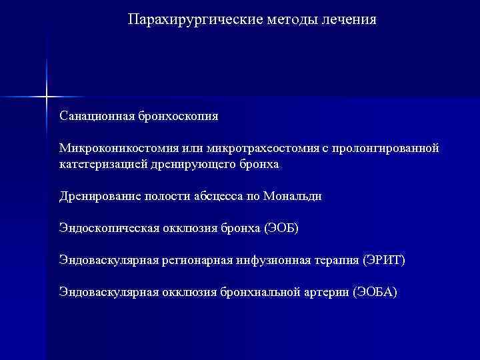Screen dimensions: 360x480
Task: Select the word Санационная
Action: click(96, 116)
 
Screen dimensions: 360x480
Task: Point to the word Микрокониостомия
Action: click(109, 148)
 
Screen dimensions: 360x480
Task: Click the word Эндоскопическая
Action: click(109, 228)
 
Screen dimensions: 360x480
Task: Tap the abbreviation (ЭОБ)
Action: click(282, 228)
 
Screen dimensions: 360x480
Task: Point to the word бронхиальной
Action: click(257, 292)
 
